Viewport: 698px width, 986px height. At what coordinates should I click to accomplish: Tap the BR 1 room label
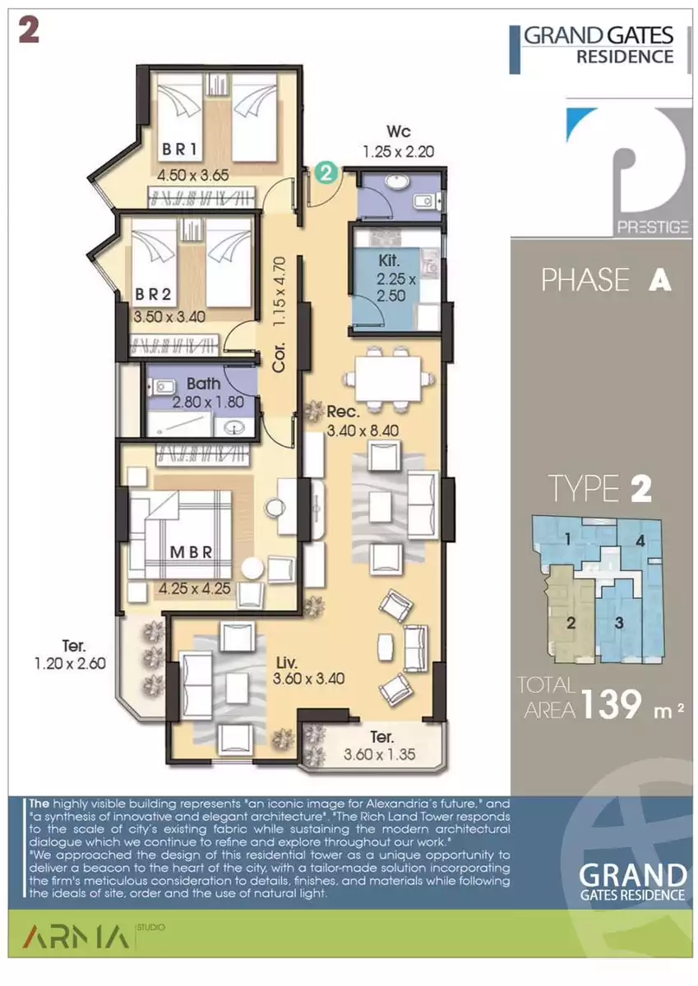[x=180, y=150]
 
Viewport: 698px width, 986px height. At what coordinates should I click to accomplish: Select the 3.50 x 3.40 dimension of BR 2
[x=169, y=316]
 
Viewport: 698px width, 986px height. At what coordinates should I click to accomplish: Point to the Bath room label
[x=203, y=384]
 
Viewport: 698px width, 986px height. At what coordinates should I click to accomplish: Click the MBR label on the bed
[x=191, y=552]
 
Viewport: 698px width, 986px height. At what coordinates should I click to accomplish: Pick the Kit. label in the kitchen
[x=389, y=260]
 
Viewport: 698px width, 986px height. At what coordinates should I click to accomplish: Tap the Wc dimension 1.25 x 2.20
[x=399, y=152]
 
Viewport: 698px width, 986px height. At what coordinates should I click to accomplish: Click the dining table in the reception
[x=388, y=379]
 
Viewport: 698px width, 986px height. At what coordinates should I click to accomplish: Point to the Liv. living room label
[x=287, y=662]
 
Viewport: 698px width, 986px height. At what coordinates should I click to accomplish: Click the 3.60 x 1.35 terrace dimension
[x=380, y=754]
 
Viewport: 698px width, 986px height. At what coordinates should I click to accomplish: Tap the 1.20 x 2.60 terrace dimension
[x=71, y=663]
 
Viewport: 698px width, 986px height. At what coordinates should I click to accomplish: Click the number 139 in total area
[x=612, y=704]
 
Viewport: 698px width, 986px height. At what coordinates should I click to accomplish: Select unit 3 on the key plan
[x=619, y=623]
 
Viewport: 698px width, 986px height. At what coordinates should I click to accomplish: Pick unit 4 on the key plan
[x=640, y=541]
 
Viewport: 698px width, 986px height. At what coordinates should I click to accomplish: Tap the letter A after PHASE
[x=659, y=280]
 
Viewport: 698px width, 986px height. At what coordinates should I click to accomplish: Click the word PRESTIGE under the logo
[x=653, y=227]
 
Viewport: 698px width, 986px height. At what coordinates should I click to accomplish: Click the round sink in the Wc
[x=398, y=182]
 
